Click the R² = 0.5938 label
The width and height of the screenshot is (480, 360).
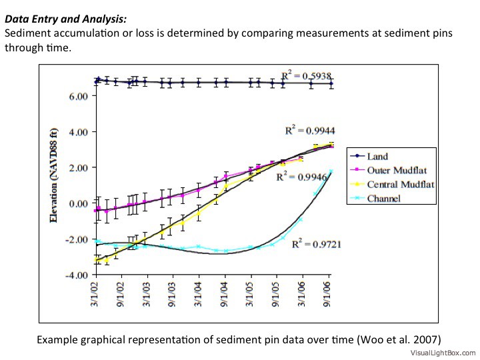click(x=306, y=76)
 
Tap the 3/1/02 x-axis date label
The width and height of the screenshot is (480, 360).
click(x=95, y=293)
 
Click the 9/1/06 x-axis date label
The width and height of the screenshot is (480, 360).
click(x=328, y=293)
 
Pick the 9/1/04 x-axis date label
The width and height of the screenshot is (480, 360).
click(x=225, y=293)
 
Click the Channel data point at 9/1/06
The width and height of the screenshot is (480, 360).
click(x=331, y=171)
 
